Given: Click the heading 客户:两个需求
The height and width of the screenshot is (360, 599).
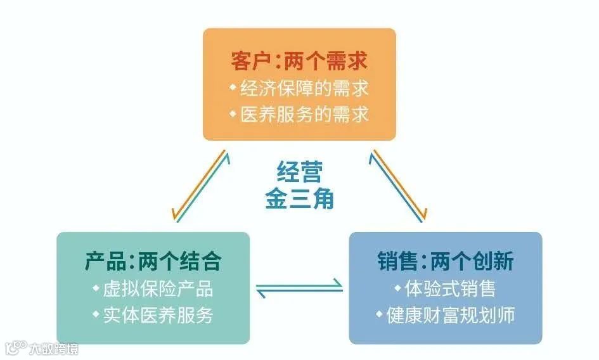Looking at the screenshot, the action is [x=299, y=61].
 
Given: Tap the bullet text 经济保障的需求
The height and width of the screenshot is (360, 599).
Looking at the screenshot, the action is [x=304, y=89].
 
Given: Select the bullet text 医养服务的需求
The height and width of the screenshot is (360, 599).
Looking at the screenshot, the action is [x=304, y=115].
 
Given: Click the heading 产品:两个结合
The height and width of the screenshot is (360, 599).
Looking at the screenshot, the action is [x=153, y=261].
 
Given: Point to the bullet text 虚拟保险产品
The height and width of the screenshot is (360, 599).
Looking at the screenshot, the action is [x=158, y=289].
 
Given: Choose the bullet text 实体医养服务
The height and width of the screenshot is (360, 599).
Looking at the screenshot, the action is [x=158, y=315].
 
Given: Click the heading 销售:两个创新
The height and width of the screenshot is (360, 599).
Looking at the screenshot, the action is [x=445, y=261].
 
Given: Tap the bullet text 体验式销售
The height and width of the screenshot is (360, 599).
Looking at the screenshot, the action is [x=451, y=289].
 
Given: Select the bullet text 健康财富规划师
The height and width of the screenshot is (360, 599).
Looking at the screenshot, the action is [x=451, y=315].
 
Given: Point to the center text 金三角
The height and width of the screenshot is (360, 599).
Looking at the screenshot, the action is [x=299, y=198].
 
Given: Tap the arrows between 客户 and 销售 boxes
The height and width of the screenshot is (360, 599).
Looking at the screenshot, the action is [x=400, y=185].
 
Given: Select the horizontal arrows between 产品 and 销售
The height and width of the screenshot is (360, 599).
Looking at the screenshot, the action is [x=299, y=289].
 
